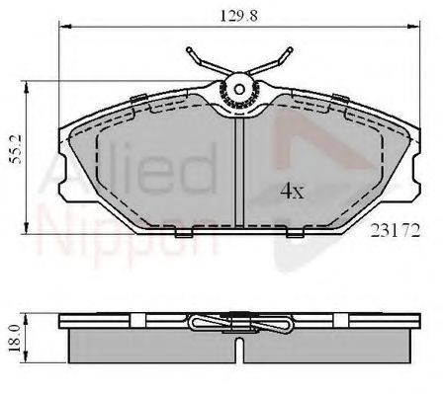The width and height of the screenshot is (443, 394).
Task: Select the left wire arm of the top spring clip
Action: click(203, 61)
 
